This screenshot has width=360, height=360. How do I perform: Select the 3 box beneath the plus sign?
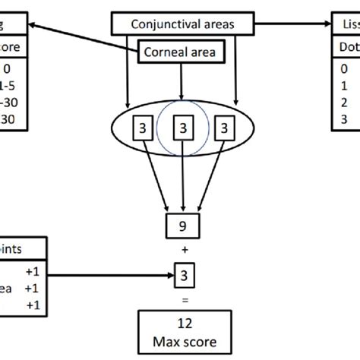[182, 272]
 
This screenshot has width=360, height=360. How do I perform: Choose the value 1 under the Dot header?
[345, 87]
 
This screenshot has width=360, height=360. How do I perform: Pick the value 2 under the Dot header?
[345, 103]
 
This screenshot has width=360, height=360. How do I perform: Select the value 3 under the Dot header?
[345, 119]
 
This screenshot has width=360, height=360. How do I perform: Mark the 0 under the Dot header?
[345, 71]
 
